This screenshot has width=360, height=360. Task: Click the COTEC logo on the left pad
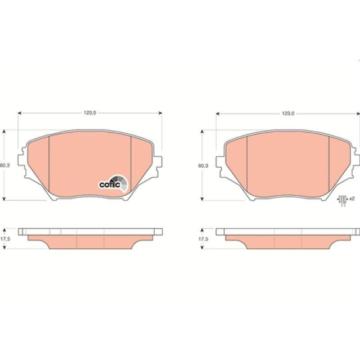click(x=113, y=184)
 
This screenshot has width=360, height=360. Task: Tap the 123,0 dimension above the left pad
click(x=90, y=113)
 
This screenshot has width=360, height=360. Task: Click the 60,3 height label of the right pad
click(x=204, y=165)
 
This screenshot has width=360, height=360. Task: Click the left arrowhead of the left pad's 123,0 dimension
click(x=19, y=114)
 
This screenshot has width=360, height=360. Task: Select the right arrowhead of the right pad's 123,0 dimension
click(x=358, y=114)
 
